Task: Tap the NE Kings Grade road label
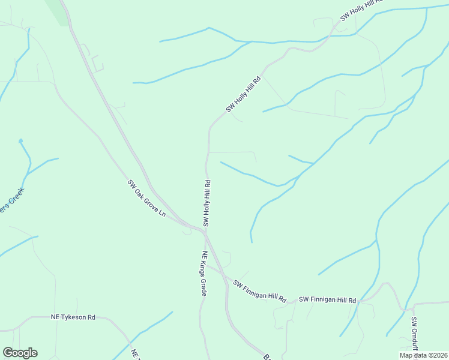pos(204,274)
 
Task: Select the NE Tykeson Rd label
pos(73,317)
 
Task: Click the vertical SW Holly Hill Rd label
pos(206,203)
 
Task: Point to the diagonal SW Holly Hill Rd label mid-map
pos(244,94)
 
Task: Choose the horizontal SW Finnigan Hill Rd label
pos(328,300)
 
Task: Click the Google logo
pos(20,353)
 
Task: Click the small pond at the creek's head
pos(20,141)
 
